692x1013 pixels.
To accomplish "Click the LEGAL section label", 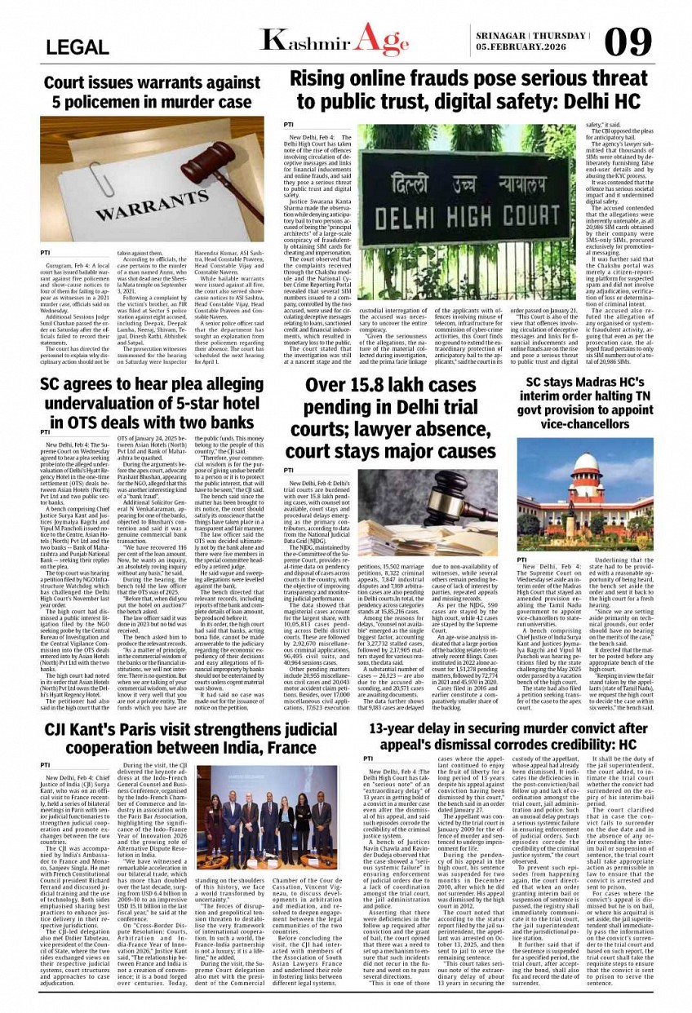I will pos(78,47).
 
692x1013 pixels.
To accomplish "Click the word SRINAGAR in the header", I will pos(500,36).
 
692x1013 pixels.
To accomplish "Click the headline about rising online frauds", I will pos(457,90).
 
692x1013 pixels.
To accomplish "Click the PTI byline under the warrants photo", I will pos(47,253).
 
